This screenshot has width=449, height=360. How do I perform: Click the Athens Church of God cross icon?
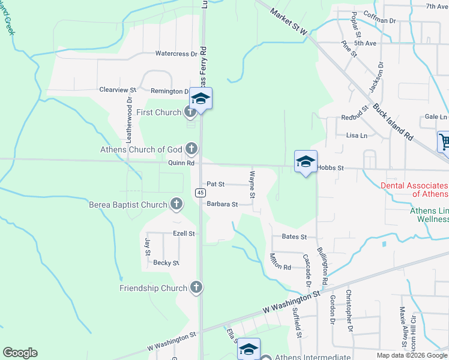click(191, 148)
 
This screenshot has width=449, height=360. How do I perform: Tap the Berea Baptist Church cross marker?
click(176, 204)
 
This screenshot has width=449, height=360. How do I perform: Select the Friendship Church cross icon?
click(196, 288)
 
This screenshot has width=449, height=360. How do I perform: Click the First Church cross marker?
click(190, 112)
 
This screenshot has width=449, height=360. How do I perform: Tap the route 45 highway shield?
click(200, 192)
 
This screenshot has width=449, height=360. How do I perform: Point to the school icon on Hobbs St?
click(306, 161)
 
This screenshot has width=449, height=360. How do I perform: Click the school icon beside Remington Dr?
click(200, 98)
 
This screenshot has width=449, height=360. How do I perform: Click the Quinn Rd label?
click(182, 163)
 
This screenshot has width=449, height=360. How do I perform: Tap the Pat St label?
click(215, 184)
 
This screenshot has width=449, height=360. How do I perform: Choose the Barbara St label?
click(223, 204)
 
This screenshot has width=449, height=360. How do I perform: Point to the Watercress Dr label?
click(176, 53)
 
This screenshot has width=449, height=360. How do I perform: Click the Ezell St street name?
click(184, 233)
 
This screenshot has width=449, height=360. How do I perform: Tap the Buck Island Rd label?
click(393, 122)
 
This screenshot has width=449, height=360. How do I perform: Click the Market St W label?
click(288, 21)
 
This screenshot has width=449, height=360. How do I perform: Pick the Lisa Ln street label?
click(357, 136)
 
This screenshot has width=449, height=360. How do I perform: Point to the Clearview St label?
click(118, 89)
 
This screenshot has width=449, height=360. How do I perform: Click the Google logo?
click(20, 353)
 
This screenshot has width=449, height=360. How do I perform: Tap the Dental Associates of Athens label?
click(414, 190)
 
